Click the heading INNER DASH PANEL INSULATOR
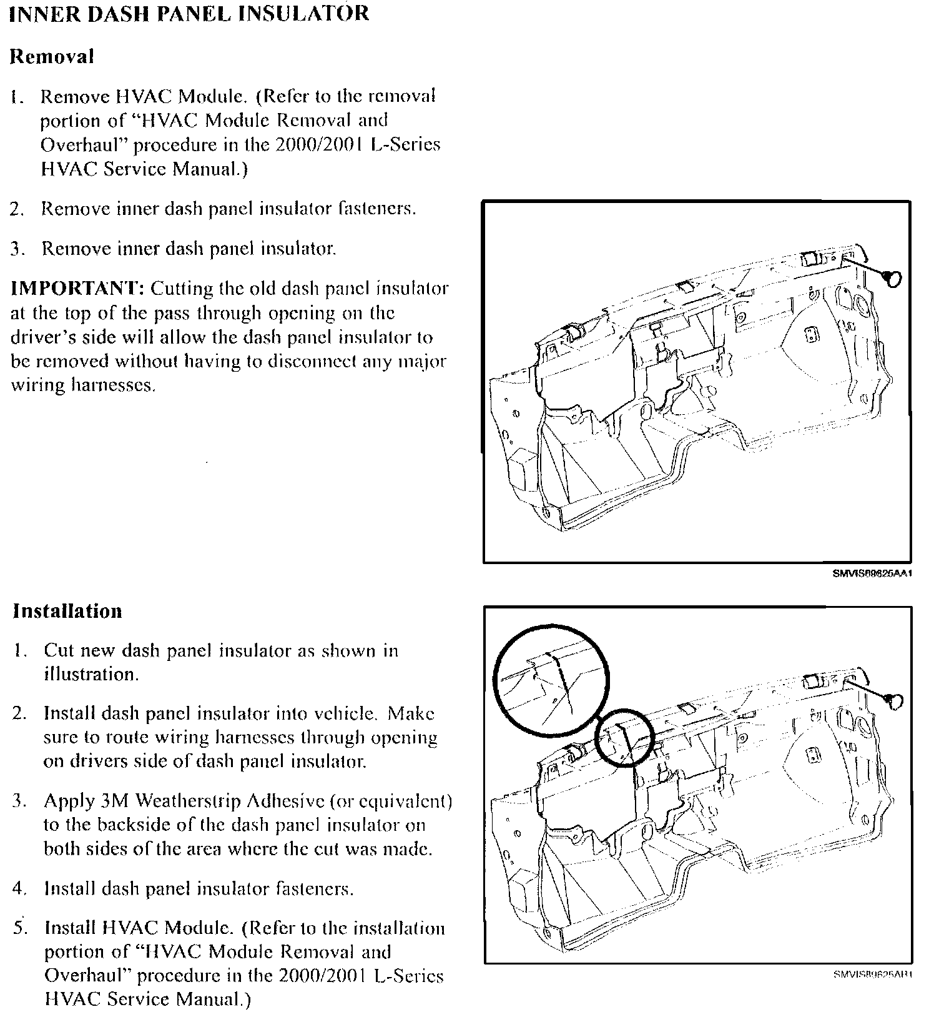(189, 14)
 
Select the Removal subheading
(52, 57)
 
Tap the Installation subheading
(67, 611)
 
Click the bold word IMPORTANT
(77, 289)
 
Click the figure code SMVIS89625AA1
(872, 573)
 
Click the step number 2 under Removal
(17, 209)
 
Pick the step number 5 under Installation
(19, 928)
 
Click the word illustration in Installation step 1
(91, 675)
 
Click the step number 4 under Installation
(19, 889)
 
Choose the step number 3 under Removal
(17, 249)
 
